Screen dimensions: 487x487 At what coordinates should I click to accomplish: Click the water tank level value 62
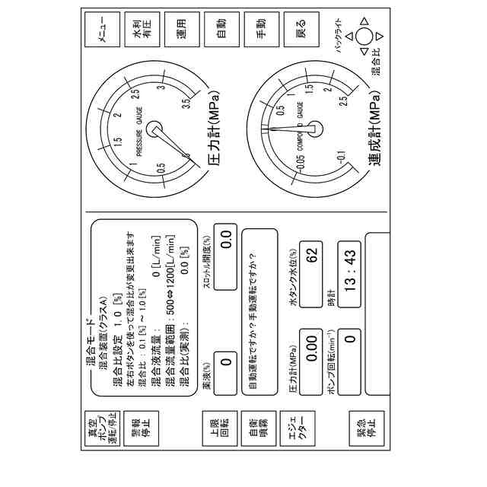point(310,256)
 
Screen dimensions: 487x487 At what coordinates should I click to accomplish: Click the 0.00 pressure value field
point(311,352)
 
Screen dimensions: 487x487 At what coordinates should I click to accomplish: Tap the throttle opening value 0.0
point(226,247)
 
